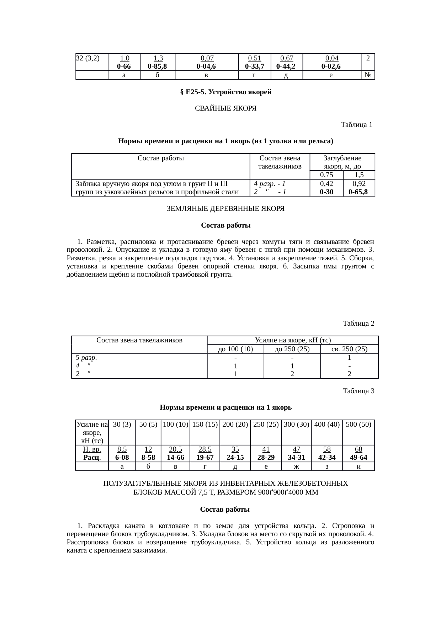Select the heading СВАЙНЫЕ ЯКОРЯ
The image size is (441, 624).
225,108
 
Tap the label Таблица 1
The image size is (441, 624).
356,125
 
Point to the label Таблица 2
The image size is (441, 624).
358,324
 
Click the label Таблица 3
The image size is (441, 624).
358,391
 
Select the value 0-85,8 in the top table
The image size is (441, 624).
158,66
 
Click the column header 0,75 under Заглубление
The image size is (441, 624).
326,175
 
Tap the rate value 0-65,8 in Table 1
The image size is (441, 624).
358,192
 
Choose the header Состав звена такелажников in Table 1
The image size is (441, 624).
280,162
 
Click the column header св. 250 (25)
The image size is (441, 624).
349,349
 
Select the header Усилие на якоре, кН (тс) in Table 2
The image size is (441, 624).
293,340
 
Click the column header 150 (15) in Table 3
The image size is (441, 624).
205,425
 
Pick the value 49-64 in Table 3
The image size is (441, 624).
358,458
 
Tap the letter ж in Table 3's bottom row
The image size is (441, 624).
296,466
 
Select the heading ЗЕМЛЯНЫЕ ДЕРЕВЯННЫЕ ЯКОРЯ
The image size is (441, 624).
225,209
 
